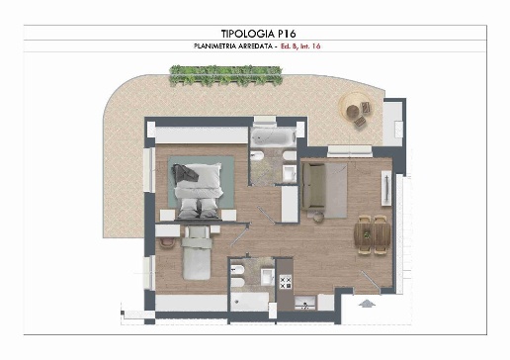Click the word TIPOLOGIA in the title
(x=248, y=34)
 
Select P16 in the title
(x=287, y=34)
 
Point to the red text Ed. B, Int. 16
(x=300, y=46)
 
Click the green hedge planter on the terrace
(x=225, y=75)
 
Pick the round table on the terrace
(x=352, y=111)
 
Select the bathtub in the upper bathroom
(x=273, y=137)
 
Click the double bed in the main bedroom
(x=198, y=191)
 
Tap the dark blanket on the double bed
(x=185, y=172)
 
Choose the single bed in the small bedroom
(x=197, y=253)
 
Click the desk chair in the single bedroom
(x=167, y=243)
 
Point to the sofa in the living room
(x=314, y=186)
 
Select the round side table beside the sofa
(x=318, y=217)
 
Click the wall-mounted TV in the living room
(x=386, y=188)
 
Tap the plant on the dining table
(x=366, y=234)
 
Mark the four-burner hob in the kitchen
(x=286, y=282)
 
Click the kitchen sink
(x=305, y=303)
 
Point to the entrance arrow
(x=367, y=304)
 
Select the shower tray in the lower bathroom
(x=249, y=302)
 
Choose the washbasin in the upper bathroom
(x=290, y=173)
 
